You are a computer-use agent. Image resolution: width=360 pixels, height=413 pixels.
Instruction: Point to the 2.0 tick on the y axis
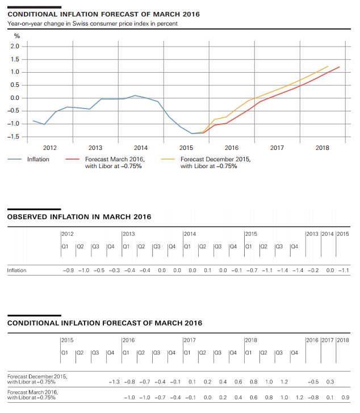pyautogui.click(x=15, y=46)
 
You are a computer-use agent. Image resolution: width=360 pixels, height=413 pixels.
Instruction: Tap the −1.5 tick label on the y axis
pyautogui.click(x=14, y=136)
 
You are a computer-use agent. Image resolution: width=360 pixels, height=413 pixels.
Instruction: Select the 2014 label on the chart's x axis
pyautogui.click(x=140, y=148)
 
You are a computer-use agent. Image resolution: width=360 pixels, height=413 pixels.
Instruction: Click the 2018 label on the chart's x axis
pyautogui.click(x=322, y=148)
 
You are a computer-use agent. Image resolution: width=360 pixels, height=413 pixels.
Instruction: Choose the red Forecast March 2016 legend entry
pyautogui.click(x=114, y=162)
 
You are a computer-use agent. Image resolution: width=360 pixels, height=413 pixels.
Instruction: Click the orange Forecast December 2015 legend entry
pyautogui.click(x=215, y=162)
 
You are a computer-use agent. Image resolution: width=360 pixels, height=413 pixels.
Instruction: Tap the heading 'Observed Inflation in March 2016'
pyautogui.click(x=79, y=216)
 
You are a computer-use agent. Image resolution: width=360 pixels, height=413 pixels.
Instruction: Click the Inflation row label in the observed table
pyautogui.click(x=16, y=270)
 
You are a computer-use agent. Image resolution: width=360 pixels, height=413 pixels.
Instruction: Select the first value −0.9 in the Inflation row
pyautogui.click(x=68, y=270)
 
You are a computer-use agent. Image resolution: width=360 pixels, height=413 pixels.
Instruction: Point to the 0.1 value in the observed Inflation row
pyautogui.click(x=207, y=270)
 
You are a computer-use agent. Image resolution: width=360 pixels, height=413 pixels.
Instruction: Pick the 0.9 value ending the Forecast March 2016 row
pyautogui.click(x=346, y=397)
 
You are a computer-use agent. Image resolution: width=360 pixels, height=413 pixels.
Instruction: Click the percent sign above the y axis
pyautogui.click(x=10, y=36)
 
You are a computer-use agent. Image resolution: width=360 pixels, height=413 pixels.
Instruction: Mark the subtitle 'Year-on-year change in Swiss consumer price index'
pyautogui.click(x=93, y=24)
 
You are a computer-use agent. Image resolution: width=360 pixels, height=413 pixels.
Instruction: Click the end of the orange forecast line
pyautogui.click(x=328, y=66)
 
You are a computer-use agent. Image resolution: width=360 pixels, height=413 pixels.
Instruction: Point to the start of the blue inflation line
pyautogui.click(x=34, y=120)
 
